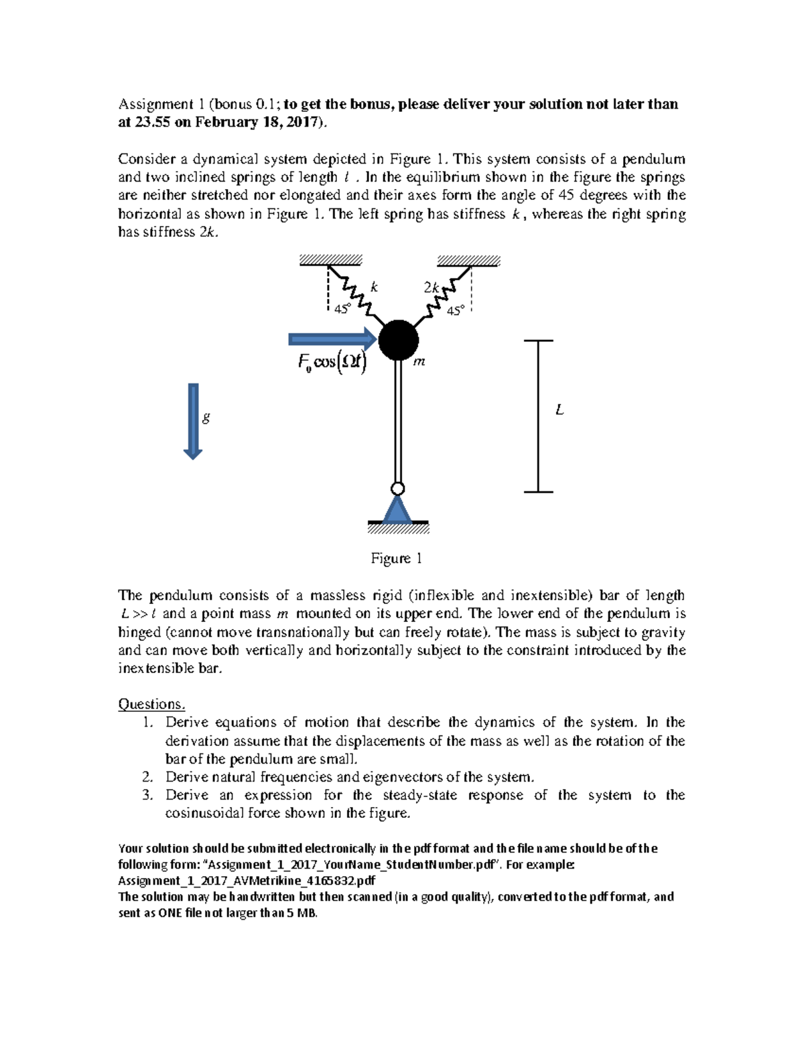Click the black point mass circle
(x=399, y=340)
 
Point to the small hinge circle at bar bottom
(x=398, y=487)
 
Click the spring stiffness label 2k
(x=431, y=287)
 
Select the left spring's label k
(x=375, y=287)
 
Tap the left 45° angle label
(x=342, y=309)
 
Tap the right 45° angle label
(x=455, y=310)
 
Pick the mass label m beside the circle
(x=419, y=362)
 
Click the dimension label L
(x=559, y=410)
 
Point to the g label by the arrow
(x=206, y=418)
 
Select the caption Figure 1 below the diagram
(x=397, y=558)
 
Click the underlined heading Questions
(x=151, y=704)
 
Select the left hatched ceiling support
(x=330, y=261)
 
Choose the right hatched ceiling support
(x=468, y=261)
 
